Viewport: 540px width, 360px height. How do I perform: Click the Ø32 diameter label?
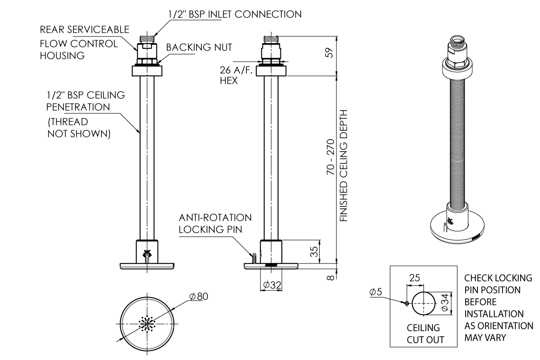(x=272, y=285)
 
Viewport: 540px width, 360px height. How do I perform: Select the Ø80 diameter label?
(x=198, y=296)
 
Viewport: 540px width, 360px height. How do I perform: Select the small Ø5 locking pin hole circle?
(x=406, y=303)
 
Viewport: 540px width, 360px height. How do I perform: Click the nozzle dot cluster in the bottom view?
(x=147, y=323)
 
